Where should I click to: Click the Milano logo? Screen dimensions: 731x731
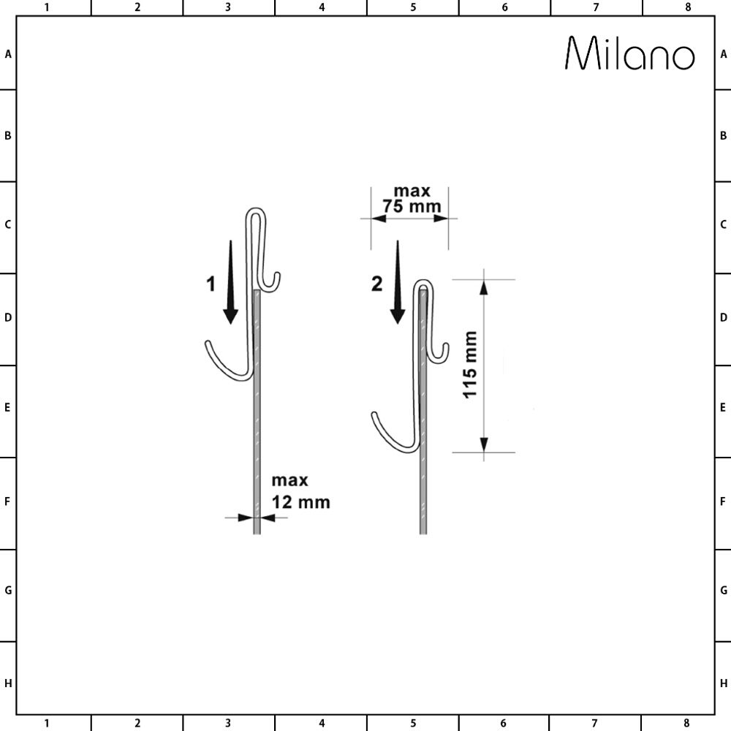[629, 54]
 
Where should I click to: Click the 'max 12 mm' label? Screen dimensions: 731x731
[300, 491]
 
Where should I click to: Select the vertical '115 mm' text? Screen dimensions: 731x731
[470, 365]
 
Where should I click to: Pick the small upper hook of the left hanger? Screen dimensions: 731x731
[273, 281]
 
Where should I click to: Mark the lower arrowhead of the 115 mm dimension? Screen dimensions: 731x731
[482, 444]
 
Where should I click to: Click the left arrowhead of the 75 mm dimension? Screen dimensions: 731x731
[377, 218]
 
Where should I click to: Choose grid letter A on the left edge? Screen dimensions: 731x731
[7, 54]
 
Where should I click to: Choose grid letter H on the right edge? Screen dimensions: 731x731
[723, 683]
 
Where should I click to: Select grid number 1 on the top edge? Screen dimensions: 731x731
[47, 7]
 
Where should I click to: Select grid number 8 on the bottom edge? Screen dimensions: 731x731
[687, 724]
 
